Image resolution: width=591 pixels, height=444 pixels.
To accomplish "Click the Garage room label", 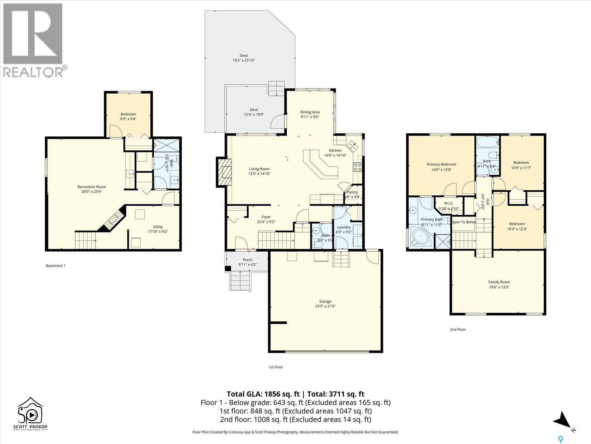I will (x=325, y=301).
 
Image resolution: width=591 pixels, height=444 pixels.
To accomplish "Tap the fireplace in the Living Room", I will (x=223, y=172).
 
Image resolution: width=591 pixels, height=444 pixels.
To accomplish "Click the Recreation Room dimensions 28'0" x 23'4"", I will (x=92, y=192).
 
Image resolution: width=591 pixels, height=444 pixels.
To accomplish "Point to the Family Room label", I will (x=499, y=282).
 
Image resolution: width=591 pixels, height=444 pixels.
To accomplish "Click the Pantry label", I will (x=352, y=192).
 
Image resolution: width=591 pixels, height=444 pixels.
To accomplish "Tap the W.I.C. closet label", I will (x=448, y=203).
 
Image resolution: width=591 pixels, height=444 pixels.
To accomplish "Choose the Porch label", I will (x=247, y=260).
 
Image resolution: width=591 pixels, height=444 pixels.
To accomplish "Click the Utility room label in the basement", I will (x=158, y=227).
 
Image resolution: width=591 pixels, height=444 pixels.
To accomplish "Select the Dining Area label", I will (x=310, y=112).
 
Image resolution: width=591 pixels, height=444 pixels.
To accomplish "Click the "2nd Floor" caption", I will (x=458, y=329).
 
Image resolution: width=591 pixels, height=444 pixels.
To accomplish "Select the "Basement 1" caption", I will (x=55, y=266).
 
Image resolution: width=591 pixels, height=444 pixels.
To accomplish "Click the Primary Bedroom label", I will (x=441, y=164).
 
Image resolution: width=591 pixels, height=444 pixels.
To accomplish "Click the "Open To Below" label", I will (x=464, y=222).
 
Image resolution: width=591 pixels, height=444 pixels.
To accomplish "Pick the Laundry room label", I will (x=344, y=227).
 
